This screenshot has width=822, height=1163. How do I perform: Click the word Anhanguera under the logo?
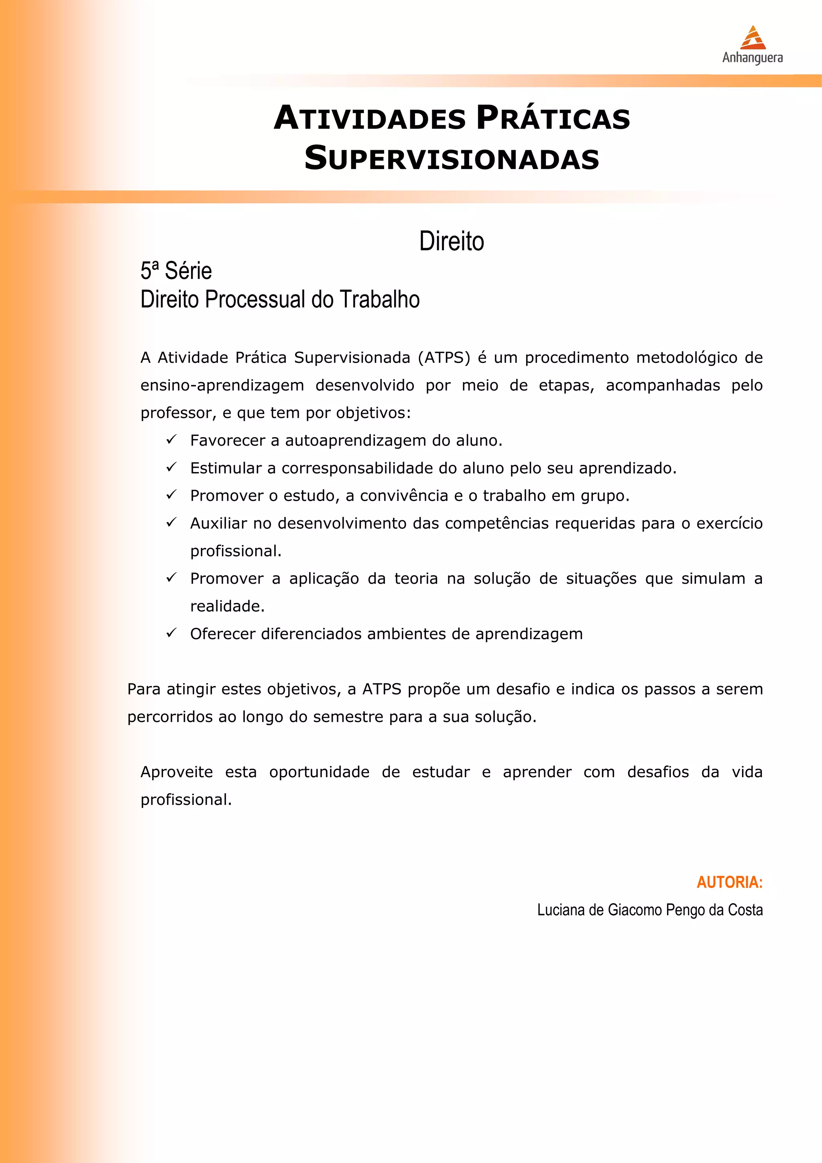click(752, 58)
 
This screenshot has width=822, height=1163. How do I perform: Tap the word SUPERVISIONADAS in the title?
click(452, 158)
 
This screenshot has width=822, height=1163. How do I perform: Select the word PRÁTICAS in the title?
click(553, 118)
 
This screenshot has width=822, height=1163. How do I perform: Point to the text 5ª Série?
click(176, 271)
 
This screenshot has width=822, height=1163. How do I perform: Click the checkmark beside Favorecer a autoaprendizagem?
click(171, 439)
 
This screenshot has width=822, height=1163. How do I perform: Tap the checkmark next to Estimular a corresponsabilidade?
click(171, 467)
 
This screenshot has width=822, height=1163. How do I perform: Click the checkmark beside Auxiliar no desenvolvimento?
click(171, 522)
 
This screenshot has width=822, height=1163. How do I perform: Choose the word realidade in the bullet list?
click(227, 606)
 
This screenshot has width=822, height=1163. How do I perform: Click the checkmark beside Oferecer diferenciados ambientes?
click(171, 633)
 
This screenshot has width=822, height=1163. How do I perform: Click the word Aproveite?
click(176, 772)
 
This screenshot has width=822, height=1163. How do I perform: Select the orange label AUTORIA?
click(729, 882)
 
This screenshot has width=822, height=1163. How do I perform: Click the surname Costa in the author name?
click(745, 910)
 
